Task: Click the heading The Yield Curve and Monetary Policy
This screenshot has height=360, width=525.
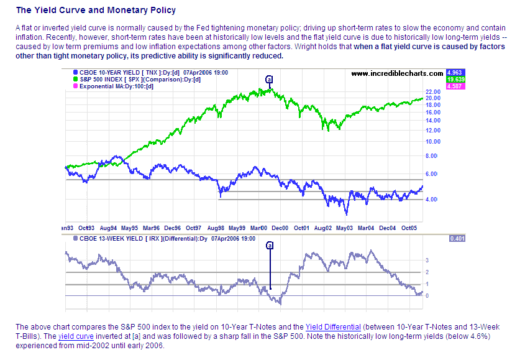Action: (x=96, y=11)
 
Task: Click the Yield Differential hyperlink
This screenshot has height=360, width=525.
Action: (x=332, y=326)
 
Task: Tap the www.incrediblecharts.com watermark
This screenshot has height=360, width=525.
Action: (x=398, y=73)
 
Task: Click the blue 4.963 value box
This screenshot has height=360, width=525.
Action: (x=455, y=73)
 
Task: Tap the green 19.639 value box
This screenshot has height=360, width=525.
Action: (x=455, y=80)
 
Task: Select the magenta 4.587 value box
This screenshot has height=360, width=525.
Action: (x=455, y=86)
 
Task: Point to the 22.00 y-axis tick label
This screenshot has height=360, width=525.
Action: (x=434, y=92)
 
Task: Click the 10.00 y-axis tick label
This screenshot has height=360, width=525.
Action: (x=434, y=141)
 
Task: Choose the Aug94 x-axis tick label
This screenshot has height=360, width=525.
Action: (x=109, y=228)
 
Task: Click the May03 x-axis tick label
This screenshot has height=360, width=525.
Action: (x=345, y=228)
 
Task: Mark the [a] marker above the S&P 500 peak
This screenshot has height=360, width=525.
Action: (x=269, y=80)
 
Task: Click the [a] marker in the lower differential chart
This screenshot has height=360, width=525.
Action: (x=270, y=246)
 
